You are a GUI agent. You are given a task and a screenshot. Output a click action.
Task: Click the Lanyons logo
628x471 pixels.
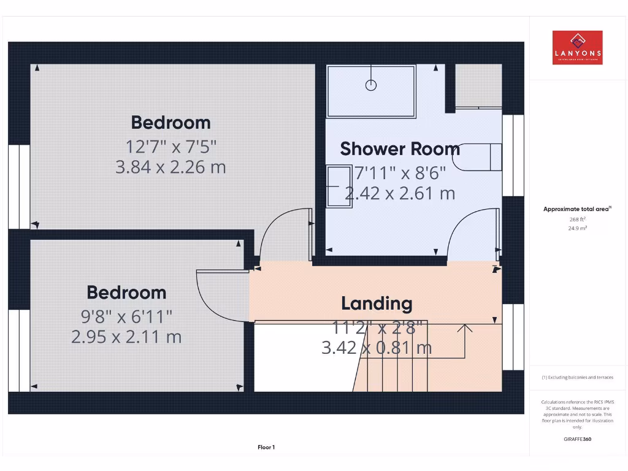click(577, 48)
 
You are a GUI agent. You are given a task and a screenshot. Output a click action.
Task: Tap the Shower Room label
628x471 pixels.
click(400, 149)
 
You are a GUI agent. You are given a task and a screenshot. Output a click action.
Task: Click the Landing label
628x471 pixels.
click(377, 303)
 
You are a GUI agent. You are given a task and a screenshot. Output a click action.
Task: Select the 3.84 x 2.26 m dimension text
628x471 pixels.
click(170, 167)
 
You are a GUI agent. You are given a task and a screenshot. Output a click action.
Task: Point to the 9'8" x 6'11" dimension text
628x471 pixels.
click(126, 316)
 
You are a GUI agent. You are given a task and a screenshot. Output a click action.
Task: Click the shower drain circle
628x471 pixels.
click(370, 85)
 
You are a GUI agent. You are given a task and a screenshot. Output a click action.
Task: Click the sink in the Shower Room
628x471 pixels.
click(339, 186)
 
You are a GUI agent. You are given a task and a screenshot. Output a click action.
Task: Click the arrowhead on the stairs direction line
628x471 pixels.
click(465, 329)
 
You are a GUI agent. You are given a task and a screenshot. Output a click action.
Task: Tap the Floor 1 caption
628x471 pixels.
click(266, 448)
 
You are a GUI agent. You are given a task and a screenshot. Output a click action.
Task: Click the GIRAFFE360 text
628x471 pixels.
click(577, 439)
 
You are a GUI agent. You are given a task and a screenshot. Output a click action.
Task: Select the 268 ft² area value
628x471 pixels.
click(577, 219)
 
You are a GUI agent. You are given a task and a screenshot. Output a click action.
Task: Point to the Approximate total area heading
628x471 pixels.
click(576, 209)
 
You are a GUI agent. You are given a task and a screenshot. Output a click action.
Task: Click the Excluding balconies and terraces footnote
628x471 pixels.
click(577, 377)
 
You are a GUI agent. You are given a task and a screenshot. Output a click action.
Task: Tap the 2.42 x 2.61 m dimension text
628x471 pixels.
click(400, 194)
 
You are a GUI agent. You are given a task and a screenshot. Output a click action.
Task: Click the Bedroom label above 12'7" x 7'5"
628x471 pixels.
click(170, 122)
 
